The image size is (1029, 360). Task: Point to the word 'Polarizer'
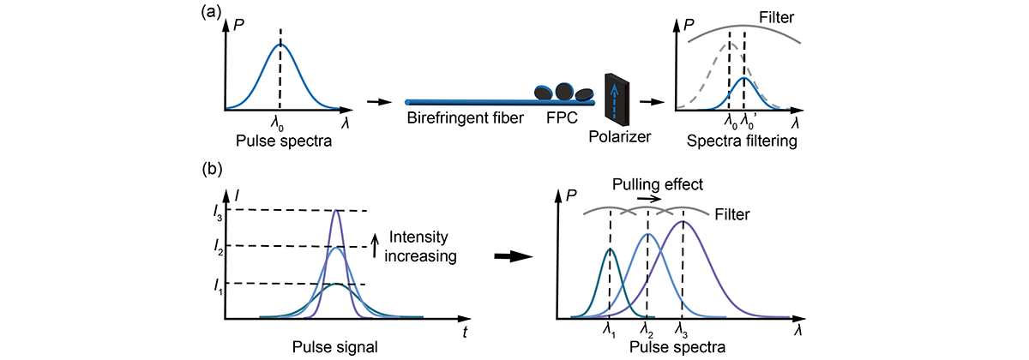(618, 137)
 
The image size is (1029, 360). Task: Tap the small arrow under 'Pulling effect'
(649, 197)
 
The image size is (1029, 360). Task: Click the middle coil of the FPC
(564, 90)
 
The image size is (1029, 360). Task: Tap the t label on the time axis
(465, 330)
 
